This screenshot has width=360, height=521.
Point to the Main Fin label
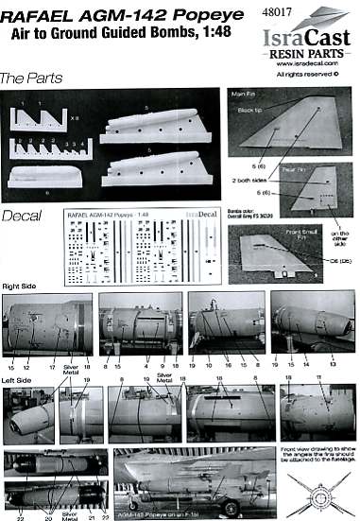pyautogui.click(x=245, y=96)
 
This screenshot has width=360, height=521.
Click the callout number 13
pyautogui.click(x=333, y=362)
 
